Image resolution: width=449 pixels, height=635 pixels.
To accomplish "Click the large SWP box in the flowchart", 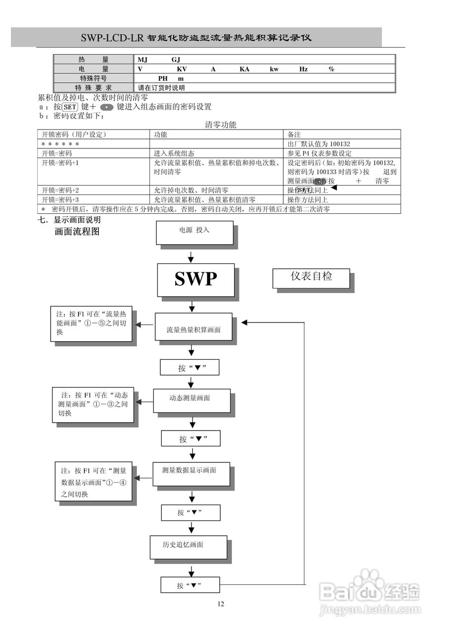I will click(196, 279).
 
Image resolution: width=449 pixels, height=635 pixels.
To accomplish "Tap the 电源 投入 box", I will click(194, 231).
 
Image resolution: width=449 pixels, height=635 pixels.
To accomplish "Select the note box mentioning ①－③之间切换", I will click(93, 404).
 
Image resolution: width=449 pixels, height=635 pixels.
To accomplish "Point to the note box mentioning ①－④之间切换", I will click(94, 481).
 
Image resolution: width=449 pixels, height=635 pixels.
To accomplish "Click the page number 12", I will click(221, 604).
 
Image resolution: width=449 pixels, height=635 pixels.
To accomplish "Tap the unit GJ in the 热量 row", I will click(176, 60).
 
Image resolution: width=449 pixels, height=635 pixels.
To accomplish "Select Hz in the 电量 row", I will click(303, 69).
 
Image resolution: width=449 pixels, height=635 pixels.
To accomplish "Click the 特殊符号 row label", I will click(93, 78).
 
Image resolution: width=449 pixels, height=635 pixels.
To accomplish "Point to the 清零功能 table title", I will click(220, 125).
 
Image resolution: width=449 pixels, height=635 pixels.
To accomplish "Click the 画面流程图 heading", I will click(77, 232).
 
